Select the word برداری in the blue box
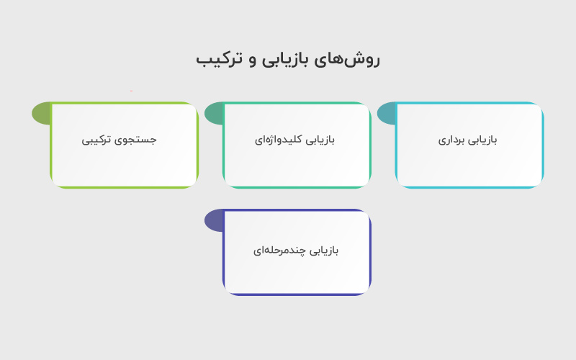(454, 140)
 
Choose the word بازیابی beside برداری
(485, 140)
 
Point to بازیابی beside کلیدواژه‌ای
(320, 140)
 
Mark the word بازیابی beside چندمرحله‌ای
(323, 251)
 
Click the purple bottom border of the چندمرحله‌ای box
(297, 294)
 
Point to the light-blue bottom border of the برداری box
(469, 187)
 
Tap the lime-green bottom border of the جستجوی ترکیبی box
(124, 187)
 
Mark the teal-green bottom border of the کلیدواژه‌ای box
(297, 187)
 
